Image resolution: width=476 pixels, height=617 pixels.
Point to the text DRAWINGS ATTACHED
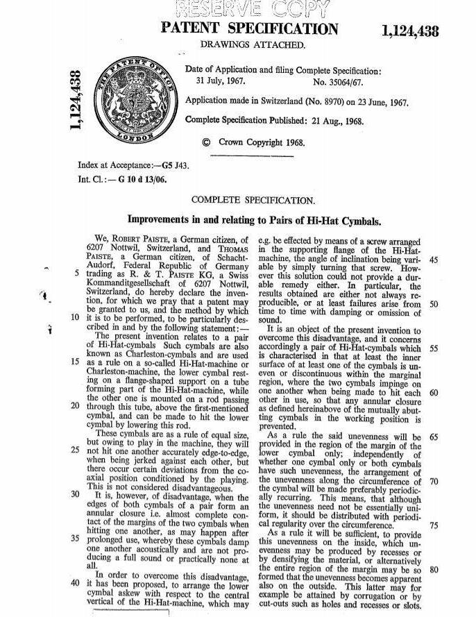(x=253, y=45)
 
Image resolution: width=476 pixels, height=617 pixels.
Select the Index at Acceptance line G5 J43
(x=135, y=166)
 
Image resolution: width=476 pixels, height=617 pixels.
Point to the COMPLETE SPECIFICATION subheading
(x=253, y=201)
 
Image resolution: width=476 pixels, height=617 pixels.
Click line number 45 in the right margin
(x=435, y=259)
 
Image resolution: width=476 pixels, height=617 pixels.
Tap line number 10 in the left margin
(x=74, y=318)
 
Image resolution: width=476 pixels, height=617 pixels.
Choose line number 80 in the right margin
(x=435, y=569)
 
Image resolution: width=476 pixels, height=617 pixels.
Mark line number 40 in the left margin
(x=74, y=582)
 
